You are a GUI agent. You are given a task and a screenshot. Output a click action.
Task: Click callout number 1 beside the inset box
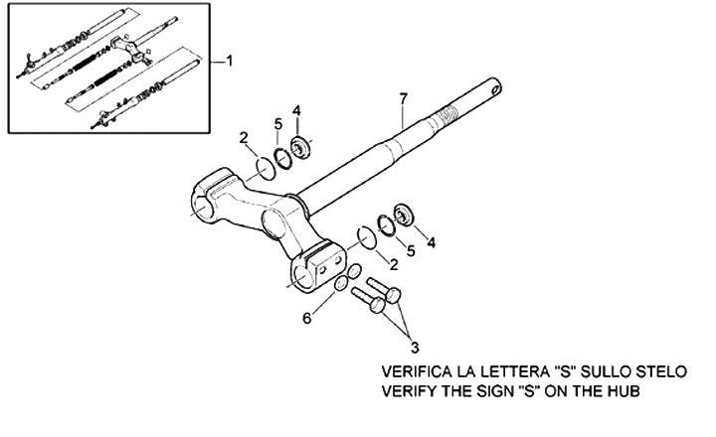[230, 62]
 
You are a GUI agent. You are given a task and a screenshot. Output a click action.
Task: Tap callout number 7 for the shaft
[402, 97]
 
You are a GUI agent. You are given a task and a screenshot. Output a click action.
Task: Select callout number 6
[307, 318]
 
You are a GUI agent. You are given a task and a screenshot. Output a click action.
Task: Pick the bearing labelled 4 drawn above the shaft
[299, 151]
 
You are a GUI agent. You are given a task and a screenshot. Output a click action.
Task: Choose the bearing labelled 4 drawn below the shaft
[404, 216]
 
